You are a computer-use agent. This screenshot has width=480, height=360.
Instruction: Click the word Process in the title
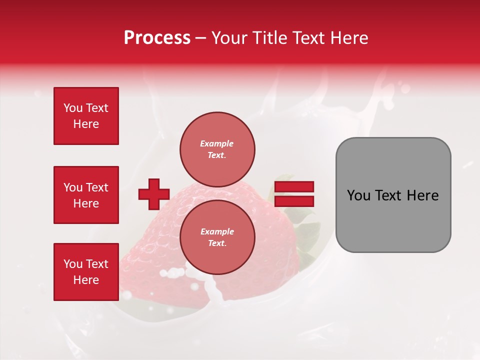[x=157, y=38]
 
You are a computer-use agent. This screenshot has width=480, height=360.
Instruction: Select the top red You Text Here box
[x=86, y=116]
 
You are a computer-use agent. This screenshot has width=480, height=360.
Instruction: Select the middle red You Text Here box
[x=86, y=195]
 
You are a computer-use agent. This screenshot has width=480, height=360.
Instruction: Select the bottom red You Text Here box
[x=86, y=272]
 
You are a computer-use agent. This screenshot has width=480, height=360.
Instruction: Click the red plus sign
[x=154, y=193]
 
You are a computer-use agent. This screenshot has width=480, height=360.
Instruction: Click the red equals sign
[x=294, y=194]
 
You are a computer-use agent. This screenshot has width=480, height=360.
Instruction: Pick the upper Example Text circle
[x=217, y=149]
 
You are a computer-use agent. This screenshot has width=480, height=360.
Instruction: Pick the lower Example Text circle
[x=217, y=237]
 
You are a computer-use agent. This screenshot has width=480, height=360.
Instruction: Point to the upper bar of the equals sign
[x=294, y=187]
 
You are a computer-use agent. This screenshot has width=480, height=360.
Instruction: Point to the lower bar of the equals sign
[x=294, y=201]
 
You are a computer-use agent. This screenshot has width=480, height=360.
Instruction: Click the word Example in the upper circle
[x=217, y=143]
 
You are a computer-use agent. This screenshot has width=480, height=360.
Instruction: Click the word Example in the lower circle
[x=217, y=231]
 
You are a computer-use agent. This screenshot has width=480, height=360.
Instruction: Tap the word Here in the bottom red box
[x=86, y=280]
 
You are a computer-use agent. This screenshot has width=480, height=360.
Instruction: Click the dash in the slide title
[x=201, y=38]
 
